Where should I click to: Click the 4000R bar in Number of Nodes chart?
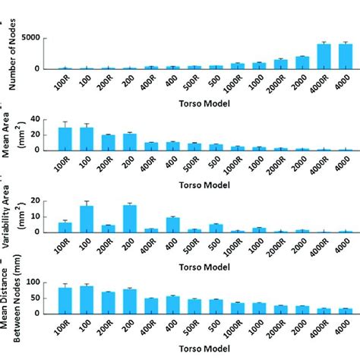(x=324, y=56)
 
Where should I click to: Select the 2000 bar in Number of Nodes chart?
(x=302, y=62)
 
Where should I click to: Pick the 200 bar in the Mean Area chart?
(x=130, y=141)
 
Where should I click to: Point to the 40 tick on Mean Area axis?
(x=37, y=119)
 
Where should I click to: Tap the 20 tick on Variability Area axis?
(x=37, y=201)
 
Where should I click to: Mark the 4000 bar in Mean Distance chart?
(x=346, y=311)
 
